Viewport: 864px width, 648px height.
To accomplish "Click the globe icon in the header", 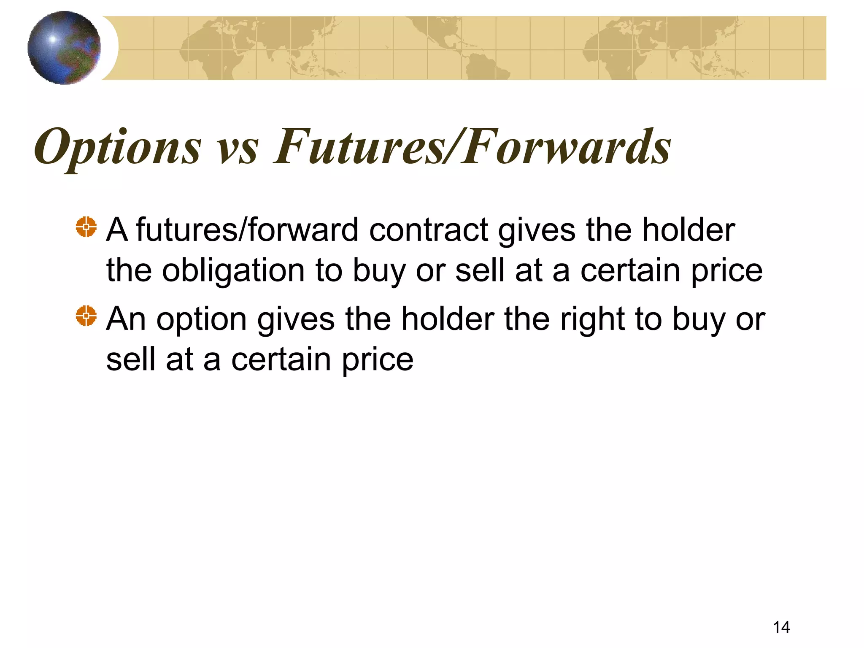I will click(x=64, y=48).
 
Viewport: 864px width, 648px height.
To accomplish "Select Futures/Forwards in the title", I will click(x=472, y=147).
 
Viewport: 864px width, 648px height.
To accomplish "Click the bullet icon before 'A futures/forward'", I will click(x=86, y=227).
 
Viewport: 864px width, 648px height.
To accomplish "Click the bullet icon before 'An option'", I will click(x=86, y=316).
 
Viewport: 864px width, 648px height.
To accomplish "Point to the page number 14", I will click(x=781, y=627).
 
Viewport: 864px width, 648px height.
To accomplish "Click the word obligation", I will click(x=233, y=271).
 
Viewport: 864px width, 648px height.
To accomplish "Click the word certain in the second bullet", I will click(x=281, y=359).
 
